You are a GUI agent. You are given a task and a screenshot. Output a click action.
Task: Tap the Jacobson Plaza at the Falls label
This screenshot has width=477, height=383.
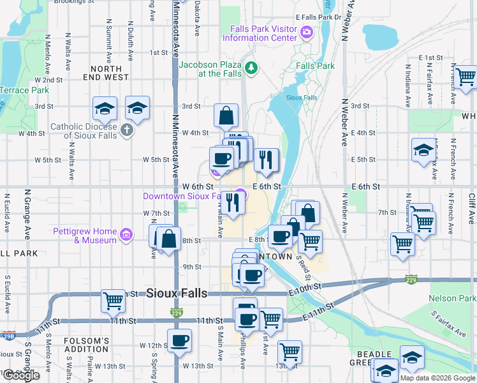(x=210, y=69)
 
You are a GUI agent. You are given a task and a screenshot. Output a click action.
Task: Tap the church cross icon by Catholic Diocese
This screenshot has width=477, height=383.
(x=127, y=131)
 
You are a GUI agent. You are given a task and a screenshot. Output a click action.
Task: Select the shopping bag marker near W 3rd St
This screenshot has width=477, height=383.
(x=226, y=116)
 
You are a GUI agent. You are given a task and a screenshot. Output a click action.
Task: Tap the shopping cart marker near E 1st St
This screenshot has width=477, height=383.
(x=466, y=77)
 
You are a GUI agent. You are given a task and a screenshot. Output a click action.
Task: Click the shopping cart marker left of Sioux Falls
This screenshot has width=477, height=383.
(x=113, y=300)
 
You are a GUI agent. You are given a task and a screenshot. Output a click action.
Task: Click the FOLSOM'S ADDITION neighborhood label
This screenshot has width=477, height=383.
(x=86, y=345)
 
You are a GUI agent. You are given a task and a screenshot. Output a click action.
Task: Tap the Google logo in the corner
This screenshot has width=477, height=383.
(x=20, y=375)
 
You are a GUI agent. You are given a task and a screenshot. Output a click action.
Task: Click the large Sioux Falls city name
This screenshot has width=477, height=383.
(x=177, y=293)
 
